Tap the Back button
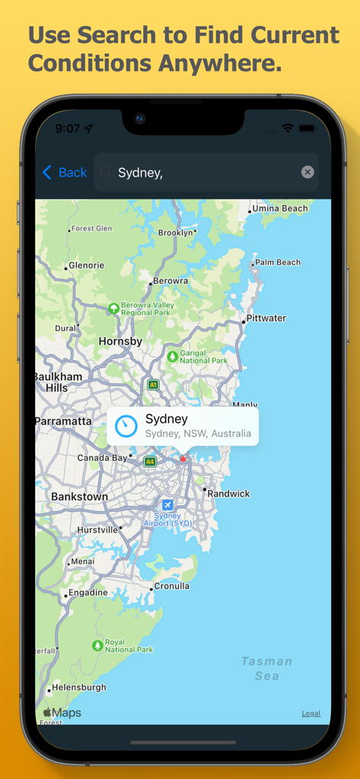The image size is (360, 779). pyautogui.click(x=65, y=173)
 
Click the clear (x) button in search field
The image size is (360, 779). pyautogui.click(x=307, y=172)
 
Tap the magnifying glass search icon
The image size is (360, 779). pyautogui.click(x=106, y=173)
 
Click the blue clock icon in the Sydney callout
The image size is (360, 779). pyautogui.click(x=126, y=426)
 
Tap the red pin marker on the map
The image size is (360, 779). pyautogui.click(x=183, y=459)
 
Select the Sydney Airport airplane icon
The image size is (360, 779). pyautogui.click(x=167, y=504)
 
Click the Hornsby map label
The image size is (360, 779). pyautogui.click(x=120, y=342)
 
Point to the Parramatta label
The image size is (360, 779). pyautogui.click(x=63, y=421)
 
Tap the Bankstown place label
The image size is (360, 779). pyautogui.click(x=79, y=497)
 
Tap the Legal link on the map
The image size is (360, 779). pyautogui.click(x=311, y=714)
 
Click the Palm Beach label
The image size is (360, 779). pyautogui.click(x=278, y=262)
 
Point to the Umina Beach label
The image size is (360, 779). pyautogui.click(x=280, y=208)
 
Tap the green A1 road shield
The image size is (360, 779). pyautogui.click(x=153, y=385)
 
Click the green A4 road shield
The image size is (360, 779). pyautogui.click(x=150, y=461)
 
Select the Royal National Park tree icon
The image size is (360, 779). pyautogui.click(x=97, y=645)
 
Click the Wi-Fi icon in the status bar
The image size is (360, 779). pyautogui.click(x=288, y=129)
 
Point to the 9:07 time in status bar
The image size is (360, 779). pyautogui.click(x=68, y=129)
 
